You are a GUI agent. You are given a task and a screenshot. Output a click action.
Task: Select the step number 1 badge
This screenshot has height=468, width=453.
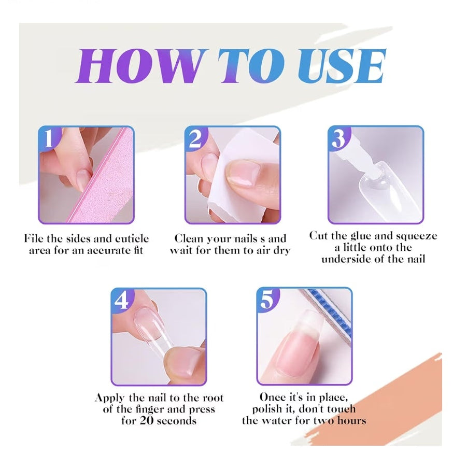pyautogui.click(x=49, y=139)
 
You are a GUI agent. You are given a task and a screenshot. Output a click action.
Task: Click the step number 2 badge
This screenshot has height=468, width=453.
pyautogui.click(x=195, y=139)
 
